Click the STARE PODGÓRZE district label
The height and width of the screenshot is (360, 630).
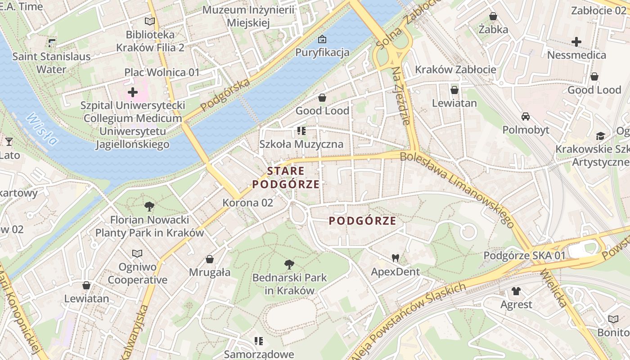(x=286, y=178)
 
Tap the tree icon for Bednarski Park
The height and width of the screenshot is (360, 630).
(x=289, y=264)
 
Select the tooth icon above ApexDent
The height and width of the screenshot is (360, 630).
(x=396, y=258)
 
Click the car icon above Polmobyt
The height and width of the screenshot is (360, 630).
(x=525, y=117)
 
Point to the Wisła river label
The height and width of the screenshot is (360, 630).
(x=42, y=129)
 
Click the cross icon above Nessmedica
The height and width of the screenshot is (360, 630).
(x=576, y=42)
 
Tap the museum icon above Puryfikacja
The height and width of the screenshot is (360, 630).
(x=322, y=39)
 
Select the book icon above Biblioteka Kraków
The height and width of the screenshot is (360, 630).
(x=150, y=21)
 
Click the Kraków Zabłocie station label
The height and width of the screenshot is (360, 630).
(x=455, y=69)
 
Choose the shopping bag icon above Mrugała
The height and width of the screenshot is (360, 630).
(x=210, y=259)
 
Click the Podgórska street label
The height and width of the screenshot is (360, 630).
(x=225, y=95)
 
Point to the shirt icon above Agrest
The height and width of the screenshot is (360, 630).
(x=516, y=291)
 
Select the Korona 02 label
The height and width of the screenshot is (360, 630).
(x=247, y=202)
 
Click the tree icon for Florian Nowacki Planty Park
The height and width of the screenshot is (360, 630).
(x=149, y=207)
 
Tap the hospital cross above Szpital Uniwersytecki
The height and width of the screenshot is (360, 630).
(x=133, y=92)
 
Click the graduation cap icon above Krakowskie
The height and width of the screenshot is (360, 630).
(x=600, y=136)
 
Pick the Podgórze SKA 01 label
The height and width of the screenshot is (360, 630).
(x=524, y=256)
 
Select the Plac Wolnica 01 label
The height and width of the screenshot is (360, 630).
(x=162, y=72)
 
